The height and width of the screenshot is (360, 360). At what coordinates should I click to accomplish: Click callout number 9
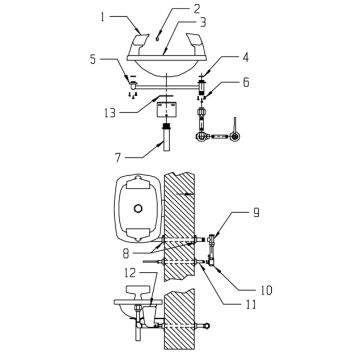coord(257,212)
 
